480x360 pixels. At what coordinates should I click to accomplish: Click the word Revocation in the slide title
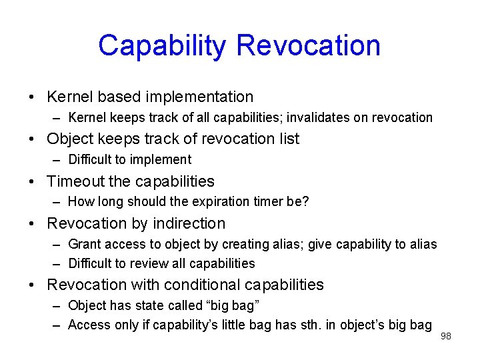308,46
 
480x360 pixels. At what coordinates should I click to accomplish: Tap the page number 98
445,336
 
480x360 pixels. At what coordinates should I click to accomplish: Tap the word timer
269,202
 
